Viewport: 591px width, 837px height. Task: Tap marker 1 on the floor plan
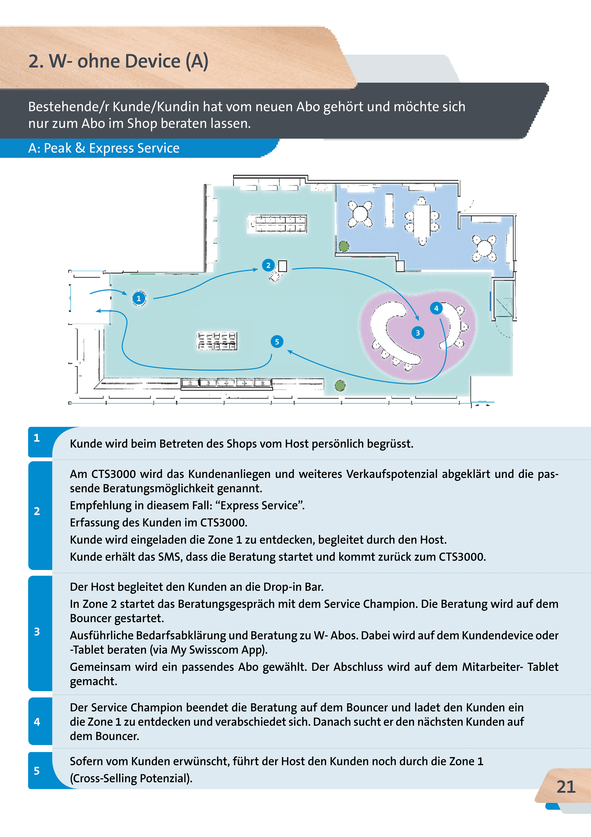[x=139, y=298]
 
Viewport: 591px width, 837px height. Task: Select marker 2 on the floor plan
[x=268, y=265]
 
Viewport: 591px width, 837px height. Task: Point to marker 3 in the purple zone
[x=418, y=332]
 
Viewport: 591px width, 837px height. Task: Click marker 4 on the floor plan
[x=436, y=308]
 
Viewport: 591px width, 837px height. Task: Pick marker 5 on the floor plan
[x=277, y=342]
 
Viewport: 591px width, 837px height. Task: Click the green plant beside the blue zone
[x=343, y=246]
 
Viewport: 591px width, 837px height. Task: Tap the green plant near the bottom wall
[x=340, y=385]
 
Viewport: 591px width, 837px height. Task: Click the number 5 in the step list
[x=37, y=771]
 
